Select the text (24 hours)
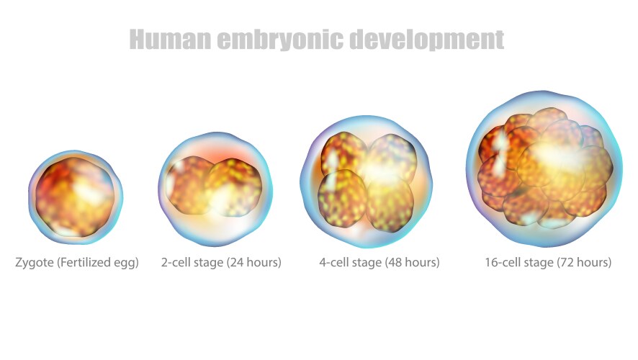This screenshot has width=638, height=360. (253, 262)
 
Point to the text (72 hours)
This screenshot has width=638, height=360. (584, 262)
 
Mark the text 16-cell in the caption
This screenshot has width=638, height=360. (503, 262)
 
